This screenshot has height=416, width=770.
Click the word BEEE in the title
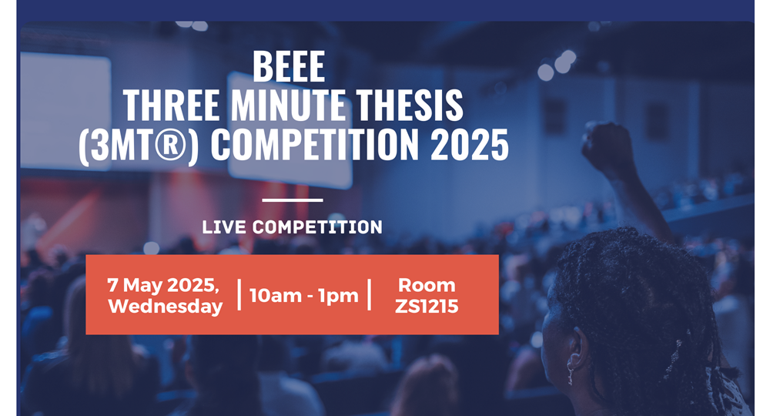289,67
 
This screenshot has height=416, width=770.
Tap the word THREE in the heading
172,105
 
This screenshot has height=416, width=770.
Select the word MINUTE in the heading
288,105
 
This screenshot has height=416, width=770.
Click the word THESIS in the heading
410,105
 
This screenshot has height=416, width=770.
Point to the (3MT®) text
139,145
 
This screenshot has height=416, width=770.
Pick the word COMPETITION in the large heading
315,144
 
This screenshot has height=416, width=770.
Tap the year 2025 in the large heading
470,144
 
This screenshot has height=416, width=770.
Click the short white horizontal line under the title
293,200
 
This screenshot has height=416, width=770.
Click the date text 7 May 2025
163,285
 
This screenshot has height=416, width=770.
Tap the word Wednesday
166,307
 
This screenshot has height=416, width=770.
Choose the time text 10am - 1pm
304,296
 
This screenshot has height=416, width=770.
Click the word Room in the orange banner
427,285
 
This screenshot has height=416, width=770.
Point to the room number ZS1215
427,307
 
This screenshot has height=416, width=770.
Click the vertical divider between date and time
239,295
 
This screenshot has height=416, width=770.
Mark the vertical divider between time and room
370,295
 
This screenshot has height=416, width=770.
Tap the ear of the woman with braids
577,350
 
